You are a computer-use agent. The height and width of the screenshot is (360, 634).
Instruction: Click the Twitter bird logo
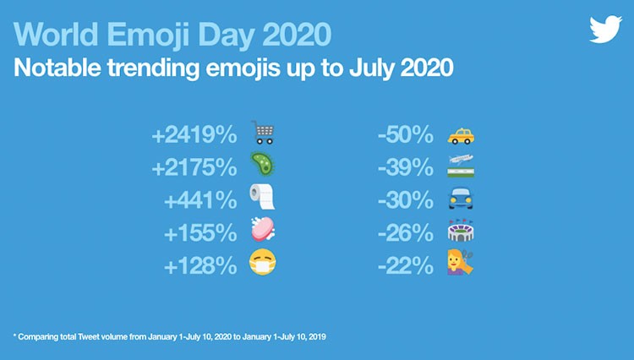click(605, 29)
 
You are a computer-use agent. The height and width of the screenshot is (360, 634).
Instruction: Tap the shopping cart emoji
click(263, 133)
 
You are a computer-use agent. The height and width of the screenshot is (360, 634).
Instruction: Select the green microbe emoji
click(263, 164)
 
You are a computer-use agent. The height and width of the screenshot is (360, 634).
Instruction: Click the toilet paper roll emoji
click(262, 197)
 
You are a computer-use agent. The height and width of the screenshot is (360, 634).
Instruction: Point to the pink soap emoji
click(263, 229)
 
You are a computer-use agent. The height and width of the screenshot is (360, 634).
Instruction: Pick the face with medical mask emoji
click(263, 262)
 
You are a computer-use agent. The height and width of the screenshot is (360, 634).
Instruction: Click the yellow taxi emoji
click(461, 136)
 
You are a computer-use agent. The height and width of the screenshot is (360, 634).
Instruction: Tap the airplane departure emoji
click(461, 166)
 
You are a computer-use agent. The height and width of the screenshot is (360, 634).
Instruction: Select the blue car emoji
click(461, 199)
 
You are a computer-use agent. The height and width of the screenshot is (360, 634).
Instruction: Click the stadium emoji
click(461, 231)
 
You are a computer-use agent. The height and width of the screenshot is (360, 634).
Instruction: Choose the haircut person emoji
click(461, 263)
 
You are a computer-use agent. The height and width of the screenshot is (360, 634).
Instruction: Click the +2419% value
click(194, 134)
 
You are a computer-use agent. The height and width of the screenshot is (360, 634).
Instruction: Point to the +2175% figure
click(194, 167)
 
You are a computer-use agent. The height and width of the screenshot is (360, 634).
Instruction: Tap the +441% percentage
click(200, 200)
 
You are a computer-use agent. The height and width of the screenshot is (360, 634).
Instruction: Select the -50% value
click(406, 134)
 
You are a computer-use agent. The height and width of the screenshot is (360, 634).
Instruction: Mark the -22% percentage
click(406, 265)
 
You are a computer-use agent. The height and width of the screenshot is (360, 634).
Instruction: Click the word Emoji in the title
click(149, 35)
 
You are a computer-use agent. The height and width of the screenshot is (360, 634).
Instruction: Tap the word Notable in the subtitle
click(57, 68)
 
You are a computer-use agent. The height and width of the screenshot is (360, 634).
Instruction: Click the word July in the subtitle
click(372, 68)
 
